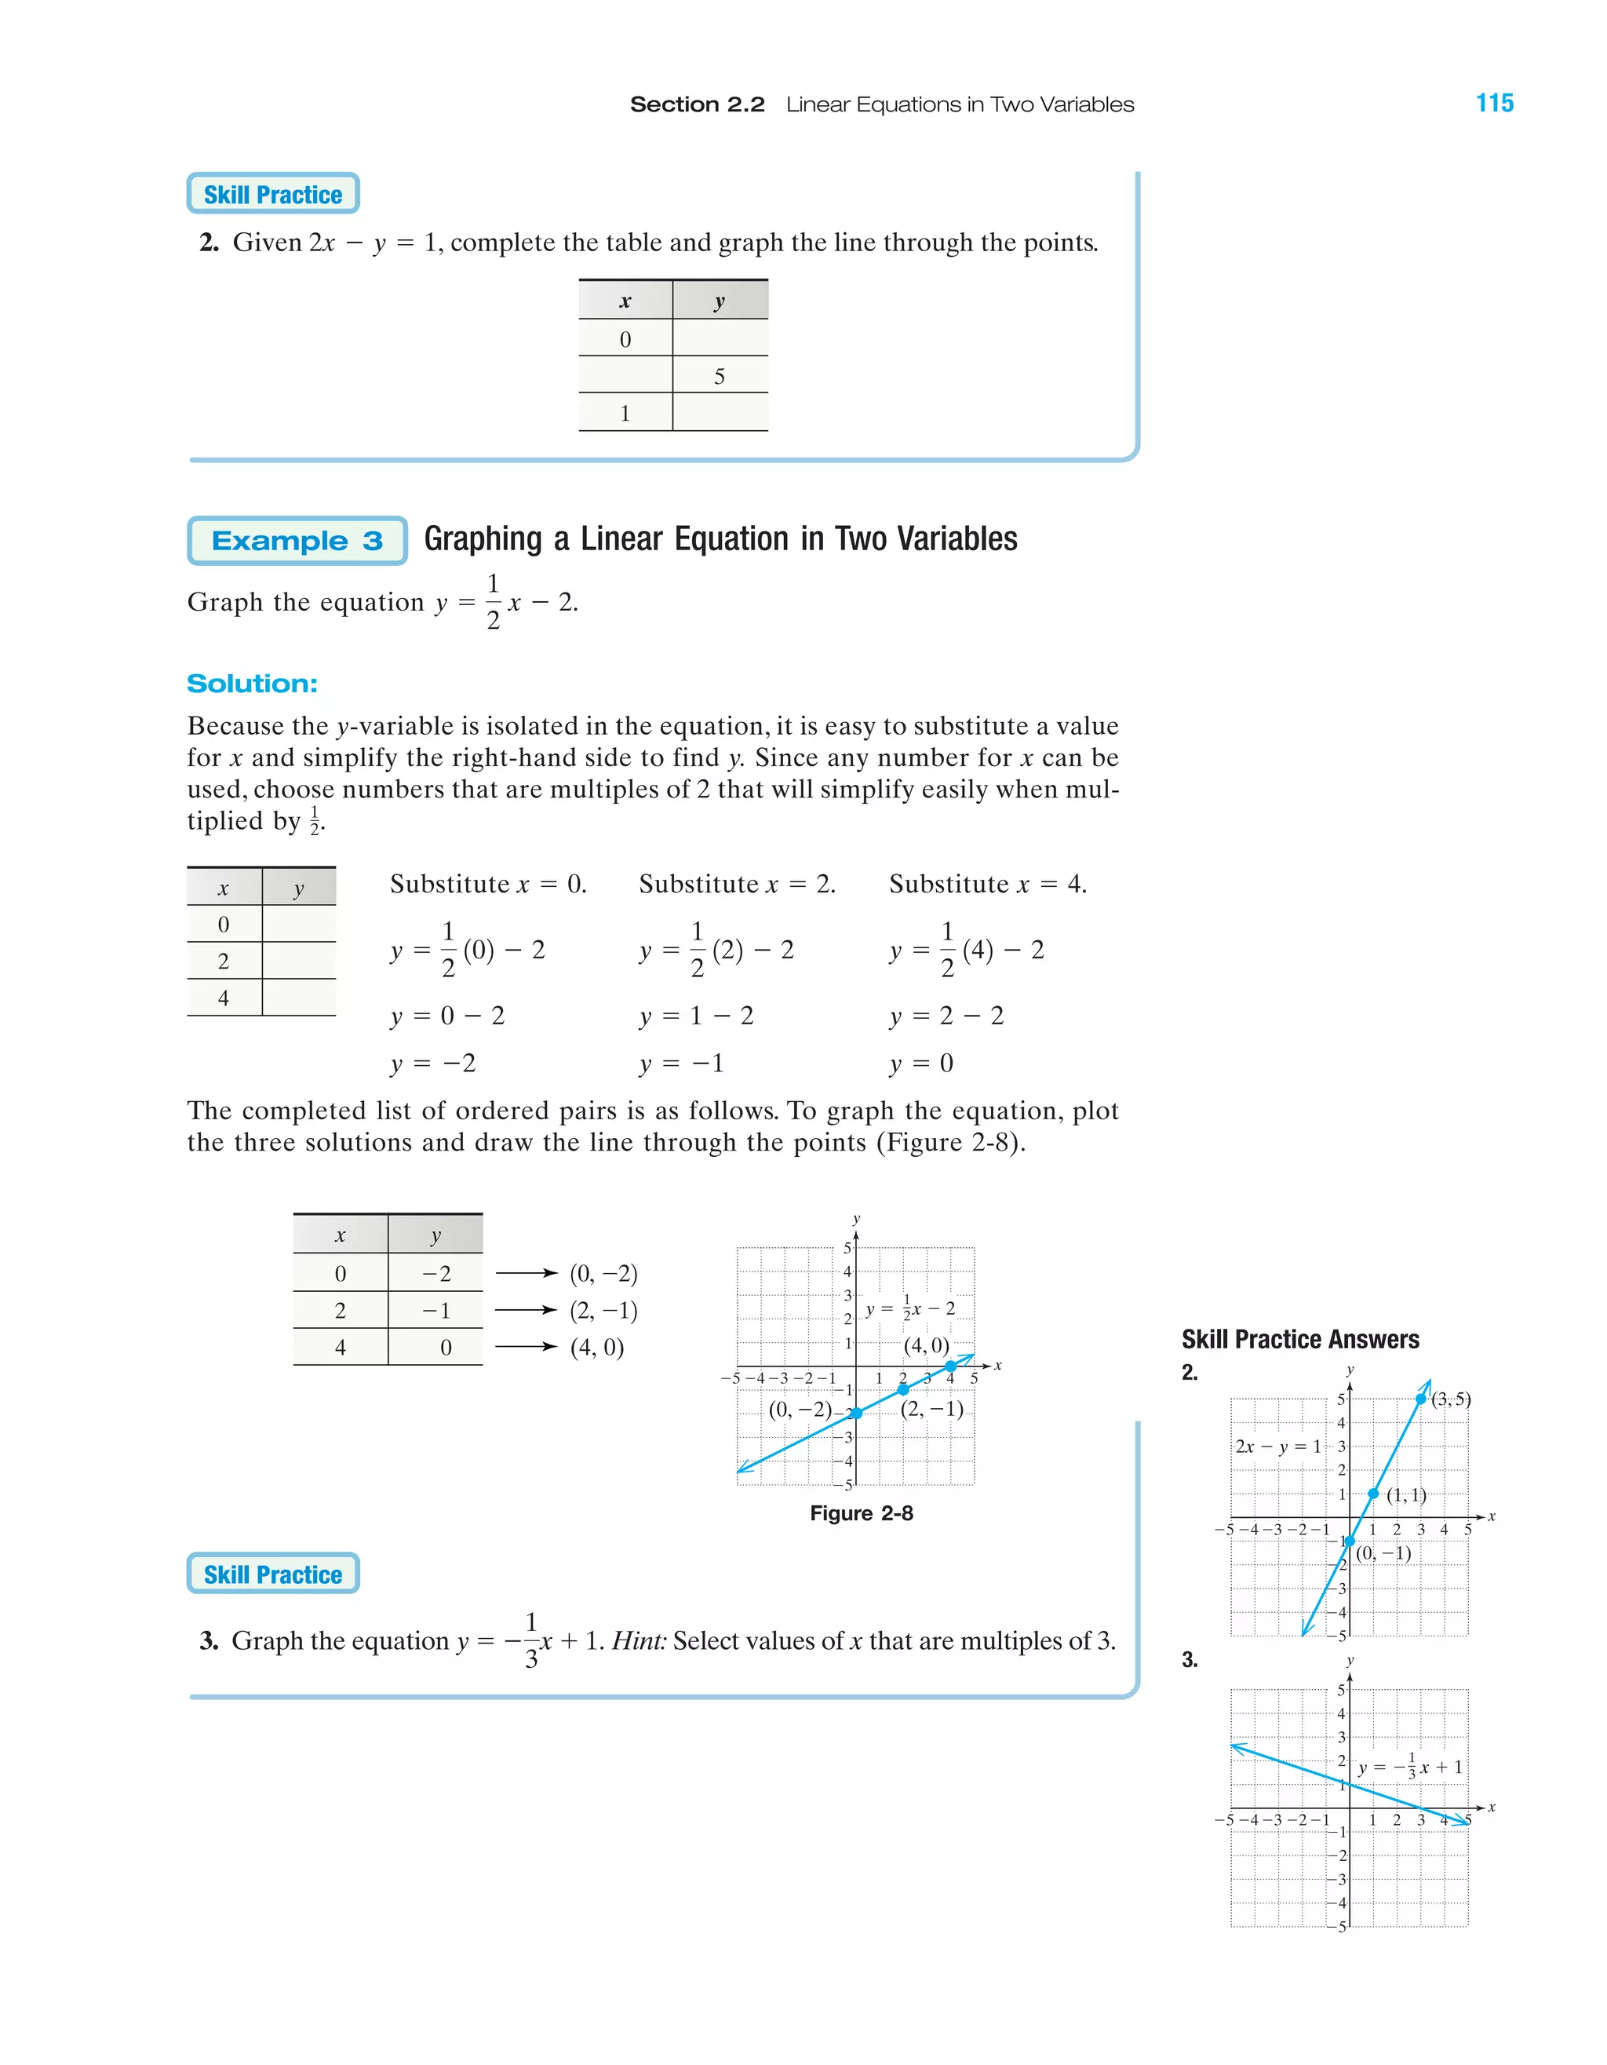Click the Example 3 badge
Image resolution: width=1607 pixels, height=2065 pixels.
[x=297, y=541]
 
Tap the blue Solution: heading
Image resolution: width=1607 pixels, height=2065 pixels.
[x=253, y=684]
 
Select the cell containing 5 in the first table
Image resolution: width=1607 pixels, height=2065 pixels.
[x=720, y=376]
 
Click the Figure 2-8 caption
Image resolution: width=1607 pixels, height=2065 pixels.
[x=861, y=1512]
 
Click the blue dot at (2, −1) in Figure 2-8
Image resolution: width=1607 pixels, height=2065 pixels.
[x=902, y=1389]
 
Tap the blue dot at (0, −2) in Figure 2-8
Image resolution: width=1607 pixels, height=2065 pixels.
[x=856, y=1413]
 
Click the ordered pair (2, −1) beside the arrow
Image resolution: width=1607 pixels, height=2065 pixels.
[x=603, y=1311]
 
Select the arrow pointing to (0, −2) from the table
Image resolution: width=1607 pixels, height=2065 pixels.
[x=527, y=1274]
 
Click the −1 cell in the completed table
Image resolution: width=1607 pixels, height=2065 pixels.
[x=435, y=1311]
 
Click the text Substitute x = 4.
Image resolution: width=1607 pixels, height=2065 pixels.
[x=988, y=884]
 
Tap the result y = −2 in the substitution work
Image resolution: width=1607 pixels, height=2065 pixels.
[x=433, y=1064]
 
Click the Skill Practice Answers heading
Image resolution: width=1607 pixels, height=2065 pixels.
[x=1299, y=1339]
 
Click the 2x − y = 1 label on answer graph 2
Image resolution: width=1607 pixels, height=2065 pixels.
[x=1278, y=1446]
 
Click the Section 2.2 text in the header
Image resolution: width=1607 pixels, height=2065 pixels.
[x=697, y=104]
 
